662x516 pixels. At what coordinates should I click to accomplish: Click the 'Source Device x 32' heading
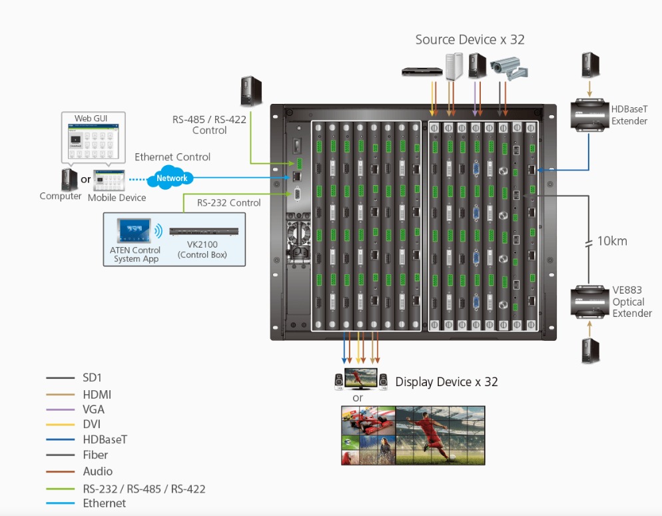pos(470,40)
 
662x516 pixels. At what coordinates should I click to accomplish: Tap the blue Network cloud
pos(172,178)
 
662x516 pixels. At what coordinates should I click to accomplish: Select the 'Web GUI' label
pos(91,119)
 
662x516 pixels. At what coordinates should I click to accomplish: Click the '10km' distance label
pos(612,240)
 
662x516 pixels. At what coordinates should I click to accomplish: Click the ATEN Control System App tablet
pos(134,231)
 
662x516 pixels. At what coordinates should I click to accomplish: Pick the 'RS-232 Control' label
pos(228,203)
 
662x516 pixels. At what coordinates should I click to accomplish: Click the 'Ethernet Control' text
pos(172,157)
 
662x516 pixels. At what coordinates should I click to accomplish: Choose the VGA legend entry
pos(93,409)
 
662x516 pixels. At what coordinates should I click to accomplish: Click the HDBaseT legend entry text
pos(105,439)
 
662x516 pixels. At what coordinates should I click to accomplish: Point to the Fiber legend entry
pos(95,455)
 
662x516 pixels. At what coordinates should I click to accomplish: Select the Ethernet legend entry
pos(104,503)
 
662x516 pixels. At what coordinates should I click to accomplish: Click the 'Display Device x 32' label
pos(446,382)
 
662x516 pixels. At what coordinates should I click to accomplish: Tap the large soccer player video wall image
pos(440,435)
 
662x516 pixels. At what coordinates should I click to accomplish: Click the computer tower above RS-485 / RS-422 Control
pos(251,92)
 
